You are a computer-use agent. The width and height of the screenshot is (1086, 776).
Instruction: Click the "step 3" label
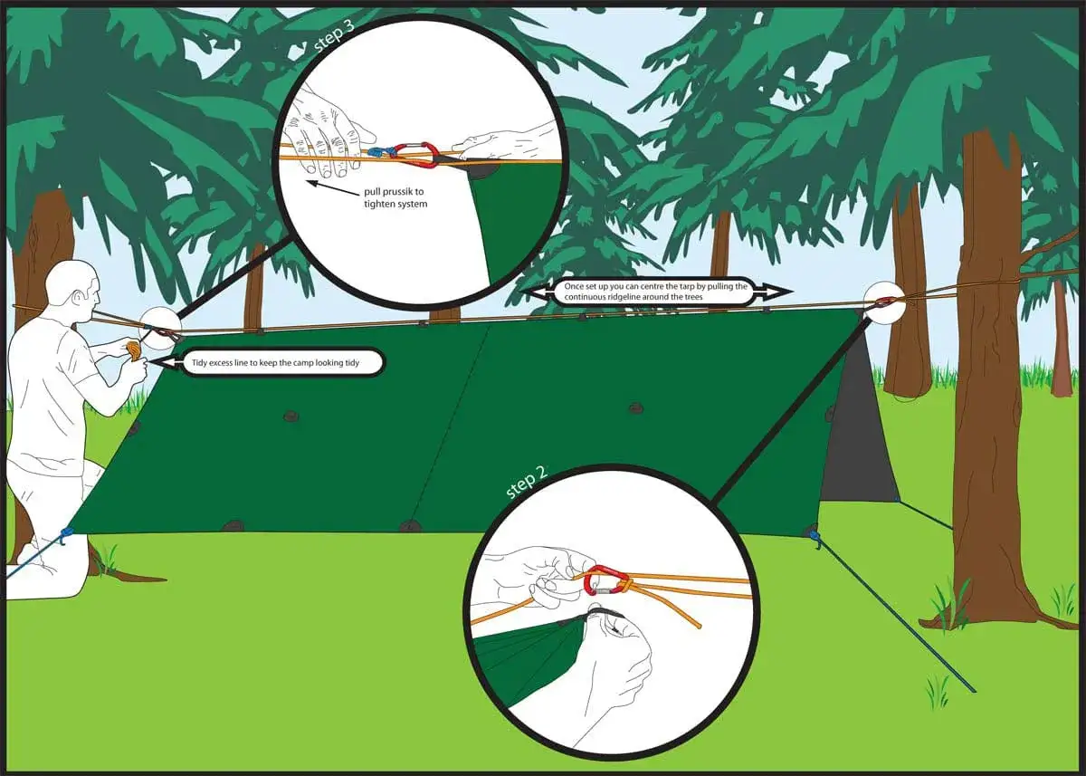click(335, 35)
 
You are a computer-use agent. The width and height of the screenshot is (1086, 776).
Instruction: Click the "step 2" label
click(526, 482)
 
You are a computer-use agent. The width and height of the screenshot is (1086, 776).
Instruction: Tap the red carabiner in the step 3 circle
click(415, 155)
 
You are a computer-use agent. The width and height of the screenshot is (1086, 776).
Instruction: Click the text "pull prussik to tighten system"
click(395, 198)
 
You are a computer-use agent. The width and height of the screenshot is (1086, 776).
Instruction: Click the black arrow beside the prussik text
click(333, 189)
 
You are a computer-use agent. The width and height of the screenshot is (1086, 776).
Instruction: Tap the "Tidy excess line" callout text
click(275, 363)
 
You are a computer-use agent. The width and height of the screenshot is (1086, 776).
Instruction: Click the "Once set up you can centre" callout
click(655, 292)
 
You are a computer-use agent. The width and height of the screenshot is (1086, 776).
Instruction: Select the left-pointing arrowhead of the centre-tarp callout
click(539, 292)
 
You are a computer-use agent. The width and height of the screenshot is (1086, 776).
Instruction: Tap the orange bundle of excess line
click(133, 350)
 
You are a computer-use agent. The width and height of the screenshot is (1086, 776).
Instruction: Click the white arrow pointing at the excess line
click(164, 363)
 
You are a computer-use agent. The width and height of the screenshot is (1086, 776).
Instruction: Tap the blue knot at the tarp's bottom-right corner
click(814, 536)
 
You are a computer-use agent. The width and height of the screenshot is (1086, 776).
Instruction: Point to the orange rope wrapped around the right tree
click(989, 283)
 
